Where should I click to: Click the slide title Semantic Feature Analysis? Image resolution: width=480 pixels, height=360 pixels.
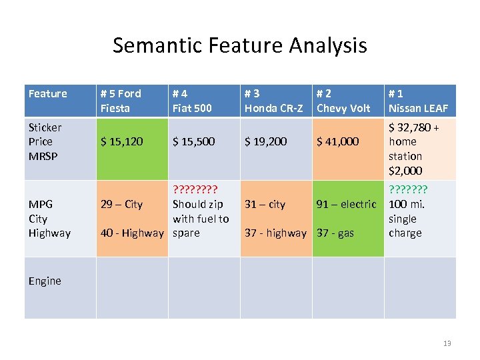[239, 45]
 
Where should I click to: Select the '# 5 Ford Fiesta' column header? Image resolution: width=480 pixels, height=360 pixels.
[121, 101]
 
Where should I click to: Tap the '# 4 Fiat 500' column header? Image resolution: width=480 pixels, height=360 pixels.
[193, 101]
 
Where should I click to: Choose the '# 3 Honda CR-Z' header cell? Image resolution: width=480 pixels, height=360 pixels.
[274, 101]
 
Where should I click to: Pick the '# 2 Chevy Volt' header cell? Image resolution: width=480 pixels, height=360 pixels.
[343, 101]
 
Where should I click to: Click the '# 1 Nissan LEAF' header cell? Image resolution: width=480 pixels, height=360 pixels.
[418, 101]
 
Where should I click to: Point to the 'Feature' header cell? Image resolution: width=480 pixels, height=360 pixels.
[48, 94]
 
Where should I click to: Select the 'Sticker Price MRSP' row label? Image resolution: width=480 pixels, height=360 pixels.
[45, 141]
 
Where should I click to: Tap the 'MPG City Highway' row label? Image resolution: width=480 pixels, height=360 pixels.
[49, 219]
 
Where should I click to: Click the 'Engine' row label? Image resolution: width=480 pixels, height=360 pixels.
[45, 281]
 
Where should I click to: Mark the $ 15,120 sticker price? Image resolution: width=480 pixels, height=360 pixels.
[121, 141]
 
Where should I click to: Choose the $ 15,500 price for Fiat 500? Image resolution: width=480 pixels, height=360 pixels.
[193, 141]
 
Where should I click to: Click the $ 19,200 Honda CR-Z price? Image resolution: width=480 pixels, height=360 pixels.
[265, 141]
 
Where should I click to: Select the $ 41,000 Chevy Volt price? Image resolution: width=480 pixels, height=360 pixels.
[337, 141]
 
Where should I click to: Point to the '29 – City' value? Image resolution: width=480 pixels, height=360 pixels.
[121, 204]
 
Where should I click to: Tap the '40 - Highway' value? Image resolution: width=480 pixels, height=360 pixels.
[131, 233]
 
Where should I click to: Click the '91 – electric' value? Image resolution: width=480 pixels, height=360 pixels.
[346, 204]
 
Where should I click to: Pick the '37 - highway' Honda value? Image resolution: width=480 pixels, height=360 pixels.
[275, 233]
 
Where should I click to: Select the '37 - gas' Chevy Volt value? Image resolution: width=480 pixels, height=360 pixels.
[335, 233]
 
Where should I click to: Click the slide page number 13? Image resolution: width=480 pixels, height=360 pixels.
[447, 343]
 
